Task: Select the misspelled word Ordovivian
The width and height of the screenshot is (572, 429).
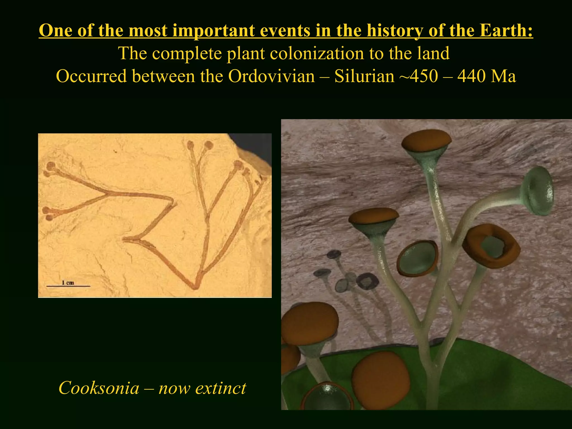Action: (271, 76)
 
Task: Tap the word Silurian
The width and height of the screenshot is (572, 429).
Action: (364, 76)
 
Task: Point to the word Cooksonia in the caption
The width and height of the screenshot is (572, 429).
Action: (99, 388)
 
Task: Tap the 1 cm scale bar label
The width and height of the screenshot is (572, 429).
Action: (68, 283)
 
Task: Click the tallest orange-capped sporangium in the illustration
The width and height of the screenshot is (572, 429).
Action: (426, 140)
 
